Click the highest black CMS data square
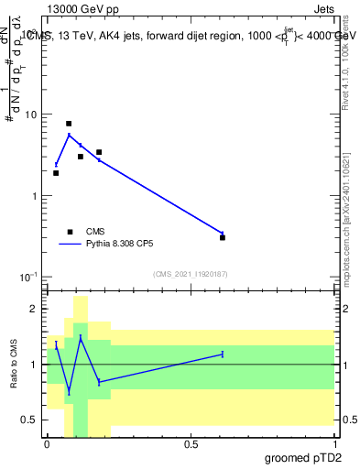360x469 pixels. coord(69,124)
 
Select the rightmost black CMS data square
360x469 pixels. coord(223,237)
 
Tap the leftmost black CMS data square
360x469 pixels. coord(56,173)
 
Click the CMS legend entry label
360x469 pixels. coord(95,232)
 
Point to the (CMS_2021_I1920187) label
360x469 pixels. coord(191,274)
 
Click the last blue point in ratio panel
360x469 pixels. coord(223,354)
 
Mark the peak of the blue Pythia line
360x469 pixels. coord(69,135)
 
